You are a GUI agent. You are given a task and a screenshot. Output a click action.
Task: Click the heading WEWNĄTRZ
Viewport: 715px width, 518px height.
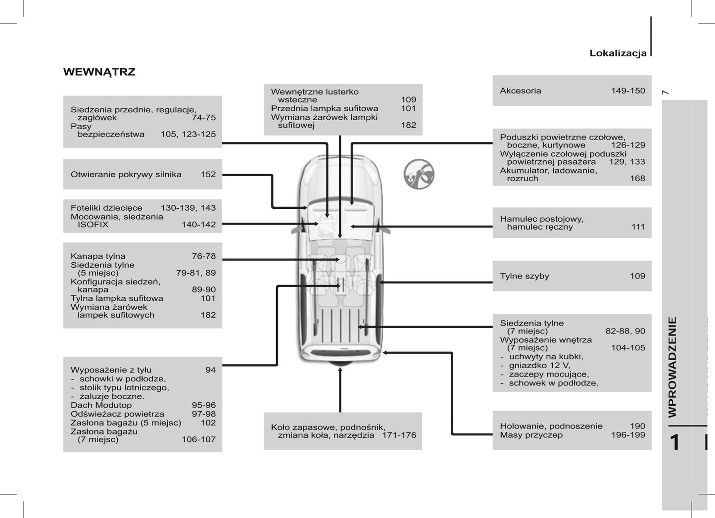click(x=99, y=72)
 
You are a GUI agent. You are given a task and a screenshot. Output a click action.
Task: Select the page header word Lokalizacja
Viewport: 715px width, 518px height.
click(x=618, y=53)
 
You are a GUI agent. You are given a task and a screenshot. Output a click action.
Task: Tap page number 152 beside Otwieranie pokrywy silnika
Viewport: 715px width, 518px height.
click(x=208, y=175)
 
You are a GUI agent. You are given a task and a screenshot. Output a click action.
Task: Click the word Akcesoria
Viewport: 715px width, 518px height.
click(x=520, y=91)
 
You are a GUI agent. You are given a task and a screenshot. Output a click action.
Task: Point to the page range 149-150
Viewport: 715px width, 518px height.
click(x=627, y=91)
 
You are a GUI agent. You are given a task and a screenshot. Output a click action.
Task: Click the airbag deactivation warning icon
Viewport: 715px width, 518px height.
click(x=419, y=174)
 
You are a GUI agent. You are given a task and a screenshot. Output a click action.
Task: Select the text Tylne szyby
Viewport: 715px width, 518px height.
click(x=524, y=276)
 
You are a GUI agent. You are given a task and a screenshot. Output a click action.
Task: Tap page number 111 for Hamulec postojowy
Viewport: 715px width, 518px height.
click(x=638, y=227)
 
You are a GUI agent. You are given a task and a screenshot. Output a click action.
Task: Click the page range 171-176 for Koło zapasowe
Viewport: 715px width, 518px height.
click(x=399, y=435)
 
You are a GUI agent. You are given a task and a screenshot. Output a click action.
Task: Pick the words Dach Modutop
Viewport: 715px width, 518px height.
click(x=101, y=405)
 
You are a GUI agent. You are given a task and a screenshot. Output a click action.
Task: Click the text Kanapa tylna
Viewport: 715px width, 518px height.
click(x=98, y=256)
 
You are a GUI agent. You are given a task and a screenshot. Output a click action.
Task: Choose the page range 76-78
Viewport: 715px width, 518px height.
click(x=204, y=256)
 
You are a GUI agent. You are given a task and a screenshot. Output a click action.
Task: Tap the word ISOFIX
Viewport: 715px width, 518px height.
click(x=93, y=225)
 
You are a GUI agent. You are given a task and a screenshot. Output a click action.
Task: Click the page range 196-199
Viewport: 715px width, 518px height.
click(x=627, y=435)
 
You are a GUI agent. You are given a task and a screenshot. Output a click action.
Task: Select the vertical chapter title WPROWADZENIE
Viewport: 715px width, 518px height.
click(x=672, y=367)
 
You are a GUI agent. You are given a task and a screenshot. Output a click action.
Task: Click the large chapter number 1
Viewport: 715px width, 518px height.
click(x=674, y=442)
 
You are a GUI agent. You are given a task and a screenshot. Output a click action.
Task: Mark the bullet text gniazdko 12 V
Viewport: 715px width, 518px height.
click(x=539, y=366)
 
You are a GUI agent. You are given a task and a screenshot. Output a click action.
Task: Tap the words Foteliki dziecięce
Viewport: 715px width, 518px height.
click(x=106, y=208)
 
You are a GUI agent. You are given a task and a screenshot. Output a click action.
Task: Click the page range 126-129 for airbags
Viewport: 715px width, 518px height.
click(x=627, y=145)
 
